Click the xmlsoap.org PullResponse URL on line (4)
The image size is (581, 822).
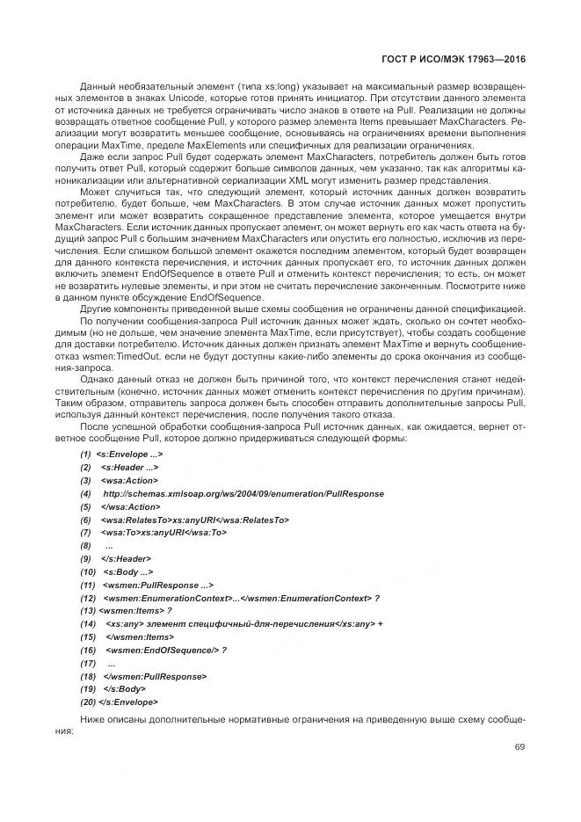(x=230, y=494)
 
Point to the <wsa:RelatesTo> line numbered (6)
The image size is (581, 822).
(x=195, y=520)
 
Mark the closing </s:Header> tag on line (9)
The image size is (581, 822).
(x=127, y=559)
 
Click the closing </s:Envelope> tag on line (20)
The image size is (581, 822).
(x=129, y=702)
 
